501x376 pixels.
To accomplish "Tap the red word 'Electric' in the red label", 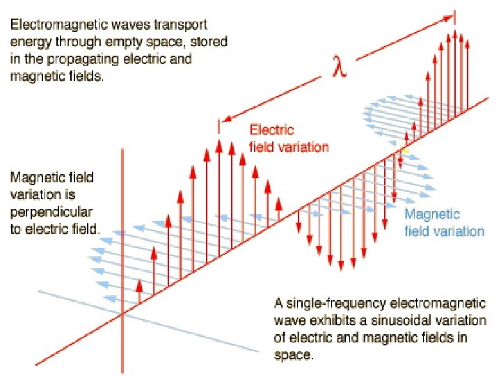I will (x=272, y=130).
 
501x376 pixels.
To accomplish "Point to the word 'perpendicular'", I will (x=47, y=210).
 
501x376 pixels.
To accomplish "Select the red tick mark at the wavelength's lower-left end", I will (x=219, y=126).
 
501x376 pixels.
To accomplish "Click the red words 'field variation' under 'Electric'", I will (x=288, y=147).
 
